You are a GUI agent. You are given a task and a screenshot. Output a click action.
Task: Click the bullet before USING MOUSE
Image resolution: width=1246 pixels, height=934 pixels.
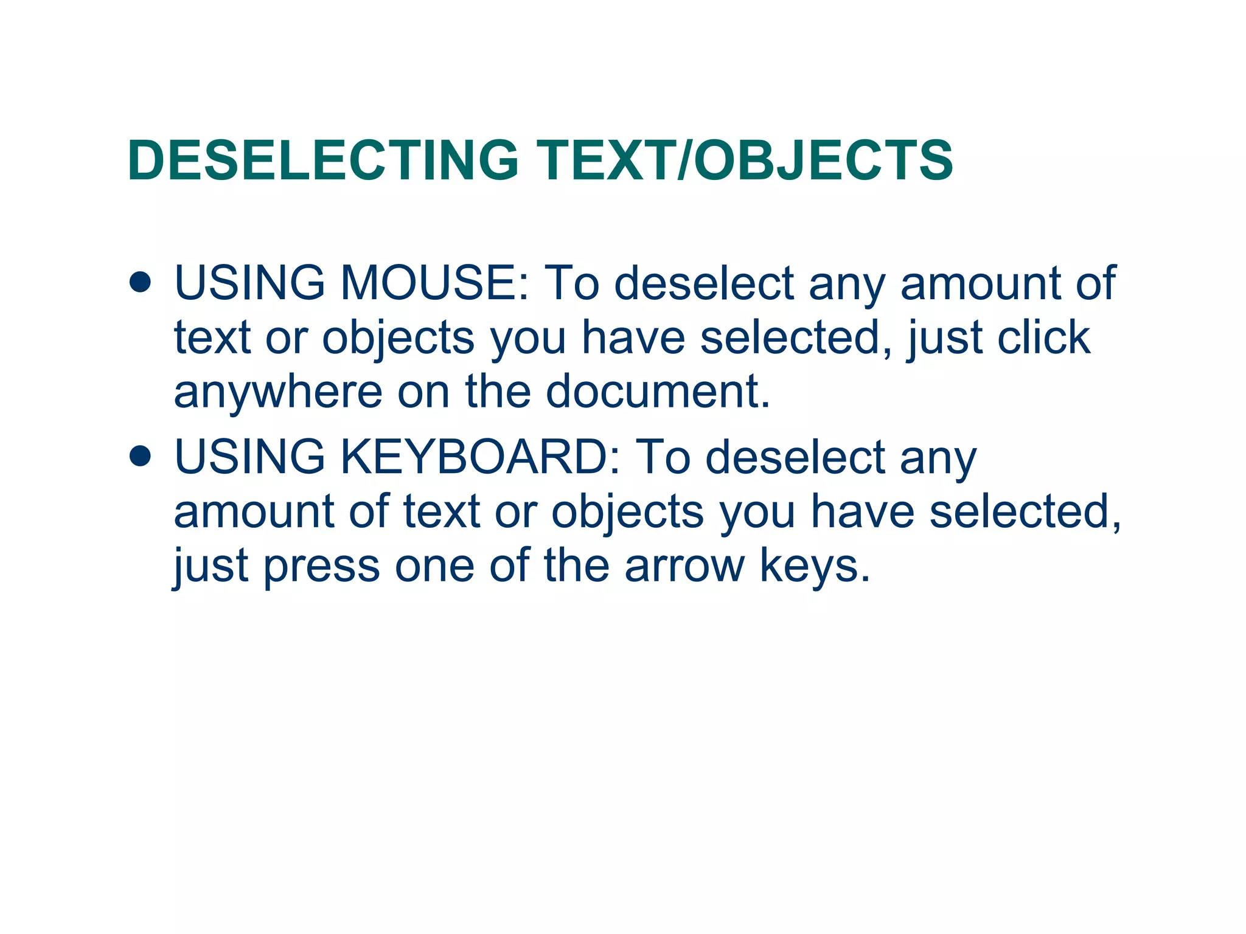point(140,282)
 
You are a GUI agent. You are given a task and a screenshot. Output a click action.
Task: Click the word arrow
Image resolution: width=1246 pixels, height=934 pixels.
point(684,565)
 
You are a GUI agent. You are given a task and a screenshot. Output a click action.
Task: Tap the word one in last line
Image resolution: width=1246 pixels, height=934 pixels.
point(434,566)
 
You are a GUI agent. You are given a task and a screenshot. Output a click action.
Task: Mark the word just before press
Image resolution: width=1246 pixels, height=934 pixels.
point(211,566)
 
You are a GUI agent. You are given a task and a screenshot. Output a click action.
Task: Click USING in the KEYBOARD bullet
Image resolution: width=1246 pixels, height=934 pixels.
point(249,457)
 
